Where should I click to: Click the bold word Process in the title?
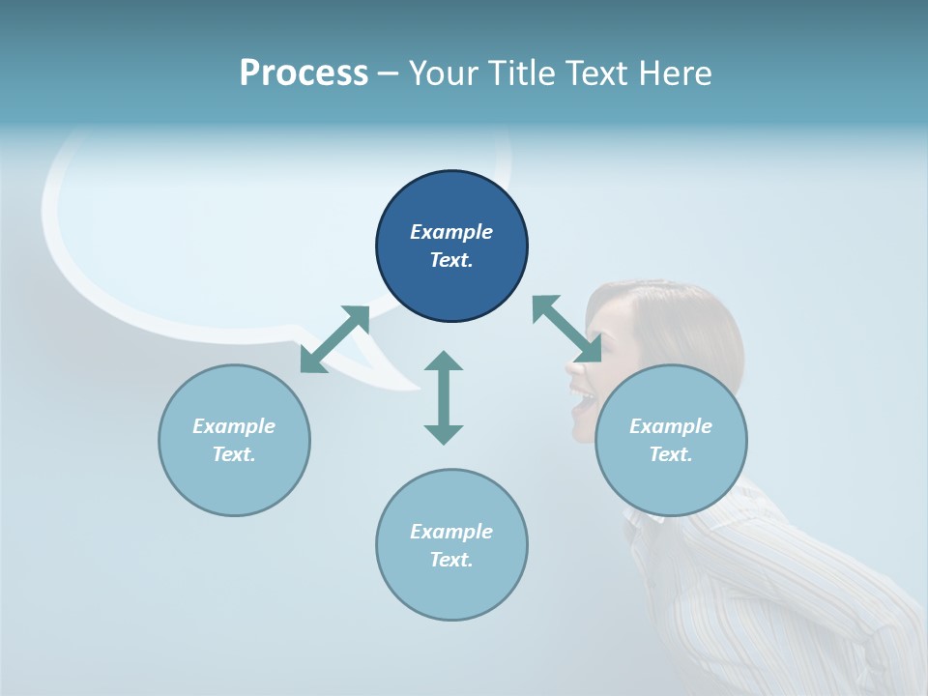coord(304,73)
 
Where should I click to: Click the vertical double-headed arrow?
coord(444,397)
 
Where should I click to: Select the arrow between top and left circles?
coord(334,338)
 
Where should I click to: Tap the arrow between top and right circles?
coord(566,329)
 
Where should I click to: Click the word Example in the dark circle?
coord(451,232)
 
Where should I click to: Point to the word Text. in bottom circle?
coord(451,560)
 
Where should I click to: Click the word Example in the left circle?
coord(234,426)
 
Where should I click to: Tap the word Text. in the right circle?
coord(671,454)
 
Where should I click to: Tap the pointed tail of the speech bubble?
coord(396,383)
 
